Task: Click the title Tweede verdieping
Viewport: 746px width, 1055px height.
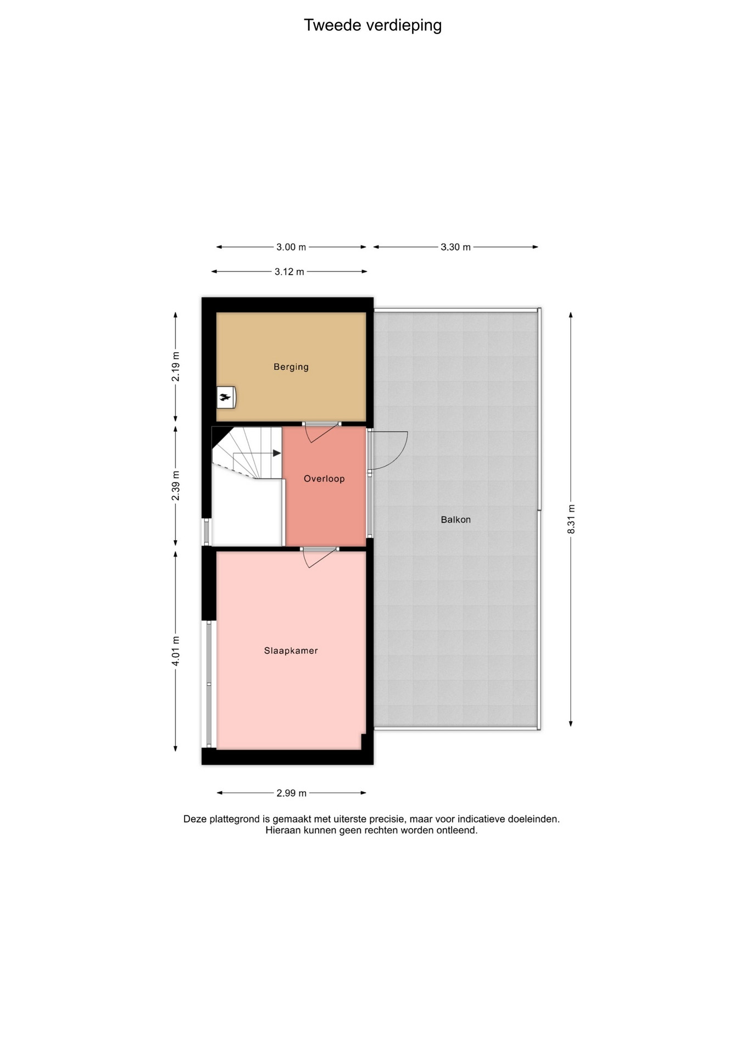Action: click(373, 25)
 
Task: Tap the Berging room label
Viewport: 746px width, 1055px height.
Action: click(291, 367)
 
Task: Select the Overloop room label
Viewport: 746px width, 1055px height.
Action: click(324, 479)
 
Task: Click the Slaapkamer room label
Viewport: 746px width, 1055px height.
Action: click(291, 651)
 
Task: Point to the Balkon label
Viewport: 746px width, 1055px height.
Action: click(456, 519)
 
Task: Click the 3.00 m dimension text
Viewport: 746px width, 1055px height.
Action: click(291, 247)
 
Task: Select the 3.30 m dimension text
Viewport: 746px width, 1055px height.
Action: click(456, 247)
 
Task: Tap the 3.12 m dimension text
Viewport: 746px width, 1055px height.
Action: click(290, 271)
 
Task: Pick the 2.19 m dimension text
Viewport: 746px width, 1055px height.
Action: click(176, 366)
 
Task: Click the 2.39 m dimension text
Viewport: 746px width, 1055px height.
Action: click(176, 486)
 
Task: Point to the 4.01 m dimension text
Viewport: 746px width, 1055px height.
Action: click(176, 651)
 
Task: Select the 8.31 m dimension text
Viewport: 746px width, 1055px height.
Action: click(571, 519)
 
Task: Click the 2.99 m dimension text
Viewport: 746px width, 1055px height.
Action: click(292, 793)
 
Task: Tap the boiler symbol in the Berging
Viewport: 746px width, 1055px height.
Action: click(226, 397)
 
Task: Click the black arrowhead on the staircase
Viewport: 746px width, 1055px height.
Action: click(277, 453)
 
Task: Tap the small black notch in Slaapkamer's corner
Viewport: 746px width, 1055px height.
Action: click(364, 742)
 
